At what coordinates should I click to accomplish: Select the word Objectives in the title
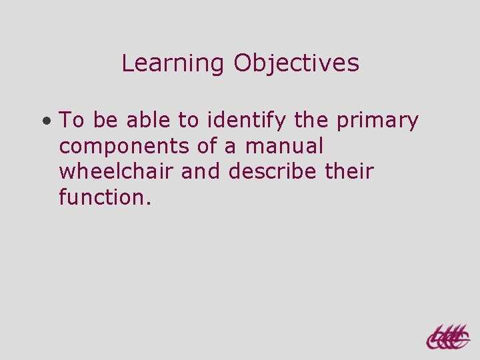point(297,64)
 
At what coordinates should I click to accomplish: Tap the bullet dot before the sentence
point(45,122)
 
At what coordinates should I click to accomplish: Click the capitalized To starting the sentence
point(72,121)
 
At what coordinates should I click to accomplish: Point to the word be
point(105,121)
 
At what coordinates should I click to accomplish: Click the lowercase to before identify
point(189,121)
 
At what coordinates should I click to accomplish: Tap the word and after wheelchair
point(202,171)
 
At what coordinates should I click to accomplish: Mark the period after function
point(149,201)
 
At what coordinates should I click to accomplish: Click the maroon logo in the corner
point(447,337)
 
